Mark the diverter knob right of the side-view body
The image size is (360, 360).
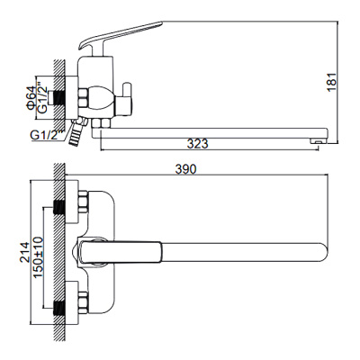pos(125,95)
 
